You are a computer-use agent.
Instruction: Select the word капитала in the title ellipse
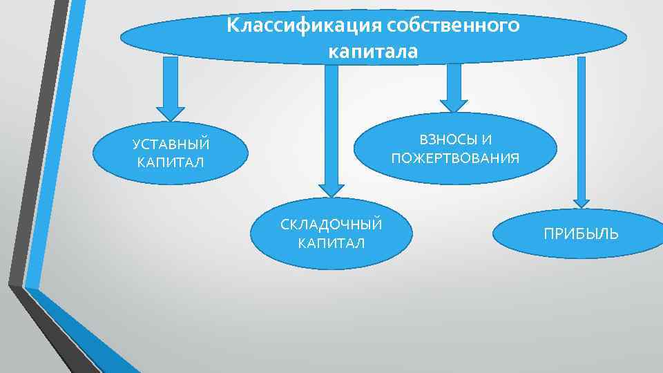373,51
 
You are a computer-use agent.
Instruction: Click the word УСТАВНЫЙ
171,145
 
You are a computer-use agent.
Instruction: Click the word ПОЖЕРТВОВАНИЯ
455,159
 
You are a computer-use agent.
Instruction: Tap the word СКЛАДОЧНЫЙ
331,225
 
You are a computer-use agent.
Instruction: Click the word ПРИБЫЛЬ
581,234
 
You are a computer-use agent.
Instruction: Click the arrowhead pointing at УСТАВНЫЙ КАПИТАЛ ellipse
171,113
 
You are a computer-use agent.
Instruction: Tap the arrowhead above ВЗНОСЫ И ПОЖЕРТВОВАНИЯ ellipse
454,104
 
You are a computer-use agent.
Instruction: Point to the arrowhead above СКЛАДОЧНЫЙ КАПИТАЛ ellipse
331,188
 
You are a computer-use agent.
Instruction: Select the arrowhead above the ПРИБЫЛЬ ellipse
582,202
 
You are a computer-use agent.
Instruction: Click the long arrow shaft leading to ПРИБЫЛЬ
582,124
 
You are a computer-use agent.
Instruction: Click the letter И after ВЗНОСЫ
488,140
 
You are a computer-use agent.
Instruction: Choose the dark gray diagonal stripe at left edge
38,138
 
